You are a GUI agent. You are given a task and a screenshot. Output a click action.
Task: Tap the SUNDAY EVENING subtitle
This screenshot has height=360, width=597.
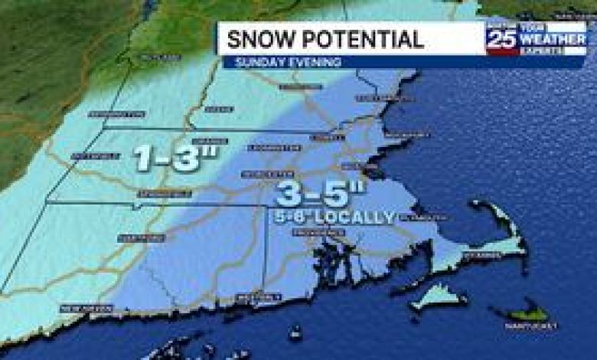(x=288, y=62)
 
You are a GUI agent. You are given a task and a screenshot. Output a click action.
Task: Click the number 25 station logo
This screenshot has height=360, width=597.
(x=501, y=38)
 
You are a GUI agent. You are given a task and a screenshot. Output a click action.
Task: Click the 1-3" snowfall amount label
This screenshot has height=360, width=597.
(x=176, y=158)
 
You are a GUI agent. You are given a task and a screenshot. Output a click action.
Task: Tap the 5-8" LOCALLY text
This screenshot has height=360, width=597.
(x=338, y=218)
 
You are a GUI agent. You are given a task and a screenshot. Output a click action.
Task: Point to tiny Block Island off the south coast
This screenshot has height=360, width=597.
(x=295, y=333)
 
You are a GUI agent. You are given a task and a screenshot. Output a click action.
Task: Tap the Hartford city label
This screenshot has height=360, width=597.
(x=142, y=238)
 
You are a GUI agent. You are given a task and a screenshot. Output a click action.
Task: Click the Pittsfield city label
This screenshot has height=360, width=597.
(x=96, y=156)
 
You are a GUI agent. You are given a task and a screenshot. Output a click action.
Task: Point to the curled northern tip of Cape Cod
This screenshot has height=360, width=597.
(x=478, y=205)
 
